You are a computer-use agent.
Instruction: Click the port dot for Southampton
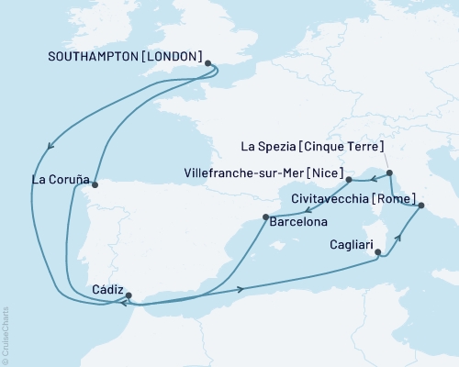(x=208, y=64)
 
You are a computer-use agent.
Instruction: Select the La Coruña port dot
(x=95, y=183)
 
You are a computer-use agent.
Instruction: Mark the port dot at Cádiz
(x=129, y=295)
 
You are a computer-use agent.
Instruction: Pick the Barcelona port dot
(x=265, y=217)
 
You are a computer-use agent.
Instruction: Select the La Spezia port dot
(x=389, y=172)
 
